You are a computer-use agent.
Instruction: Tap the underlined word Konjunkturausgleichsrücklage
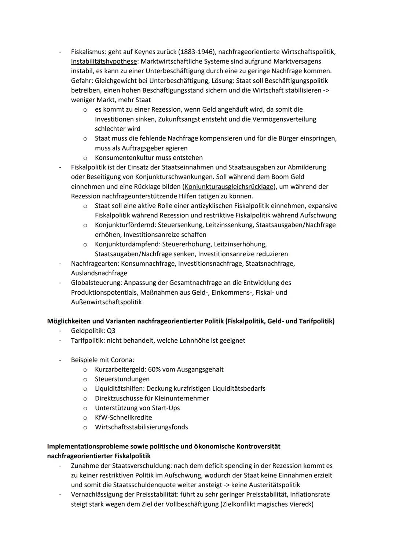click(x=229, y=187)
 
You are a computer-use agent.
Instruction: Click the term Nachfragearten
click(x=95, y=264)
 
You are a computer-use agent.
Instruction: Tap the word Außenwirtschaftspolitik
click(x=106, y=302)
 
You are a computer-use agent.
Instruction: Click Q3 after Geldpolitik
click(x=110, y=331)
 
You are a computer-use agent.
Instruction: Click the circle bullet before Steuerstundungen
click(x=85, y=379)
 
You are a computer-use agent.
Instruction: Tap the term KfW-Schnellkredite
click(x=123, y=418)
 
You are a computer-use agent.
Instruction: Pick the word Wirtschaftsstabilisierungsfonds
click(x=141, y=427)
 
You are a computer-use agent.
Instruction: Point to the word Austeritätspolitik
click(x=274, y=485)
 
